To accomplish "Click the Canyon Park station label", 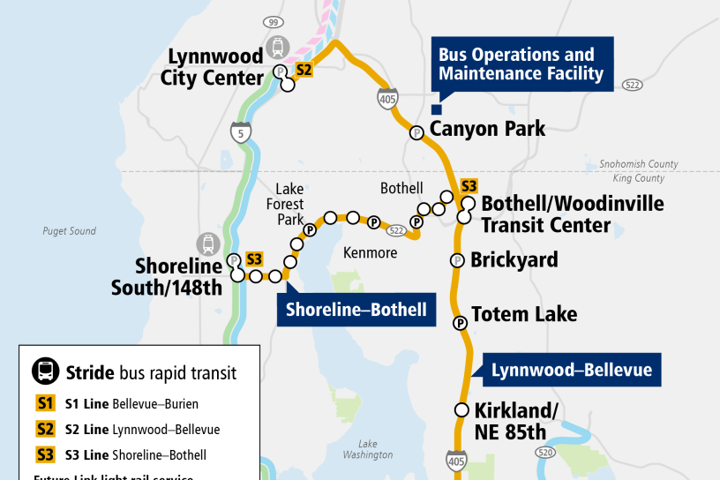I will [x=487, y=130].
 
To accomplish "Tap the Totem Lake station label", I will [x=524, y=314].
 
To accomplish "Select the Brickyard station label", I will [x=514, y=259].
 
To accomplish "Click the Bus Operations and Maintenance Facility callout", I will [x=521, y=64].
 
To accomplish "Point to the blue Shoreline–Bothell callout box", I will [x=356, y=309].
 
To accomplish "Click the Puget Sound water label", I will [x=69, y=231].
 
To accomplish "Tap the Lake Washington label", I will [x=369, y=449].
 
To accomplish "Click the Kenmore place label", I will [x=370, y=253].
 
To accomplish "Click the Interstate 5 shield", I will [x=239, y=133].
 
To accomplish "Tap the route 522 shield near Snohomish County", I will [x=632, y=85].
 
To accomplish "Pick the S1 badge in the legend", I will [x=44, y=404].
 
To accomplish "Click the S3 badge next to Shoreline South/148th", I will [x=254, y=259].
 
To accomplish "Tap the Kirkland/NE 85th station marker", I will [x=461, y=409].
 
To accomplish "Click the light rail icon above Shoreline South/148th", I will [x=207, y=243].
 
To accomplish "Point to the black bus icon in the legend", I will [x=44, y=371].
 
